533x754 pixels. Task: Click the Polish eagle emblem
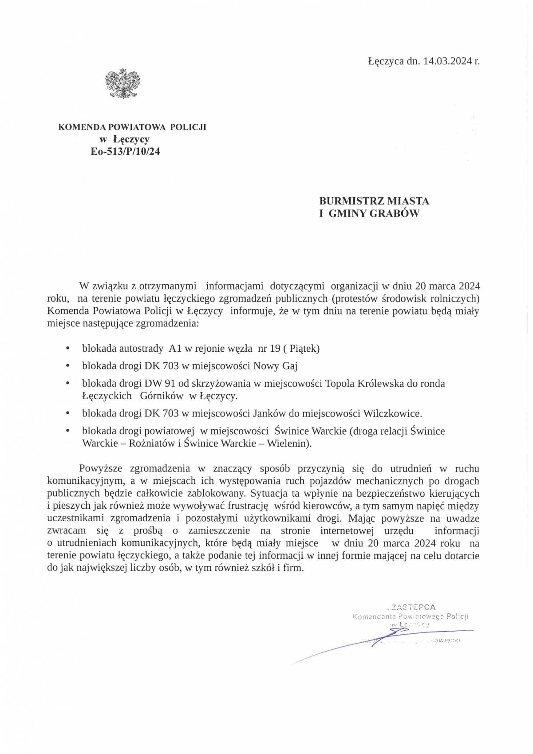[122, 84]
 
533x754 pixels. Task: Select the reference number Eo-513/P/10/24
[125, 152]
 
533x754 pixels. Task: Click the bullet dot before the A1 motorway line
[67, 349]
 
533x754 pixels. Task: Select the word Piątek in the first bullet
[304, 349]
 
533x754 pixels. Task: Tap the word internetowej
[347, 530]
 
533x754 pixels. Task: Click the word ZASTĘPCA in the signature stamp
[413, 607]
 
